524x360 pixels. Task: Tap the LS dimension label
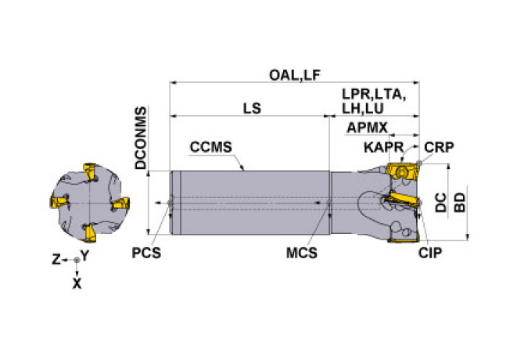(x=251, y=110)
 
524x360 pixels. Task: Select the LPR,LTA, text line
(x=374, y=94)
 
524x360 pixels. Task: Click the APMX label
(x=368, y=128)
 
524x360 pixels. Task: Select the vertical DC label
(x=442, y=203)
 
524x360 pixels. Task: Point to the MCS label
(x=304, y=253)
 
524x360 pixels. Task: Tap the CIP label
(x=430, y=253)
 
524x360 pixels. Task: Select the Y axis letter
(x=84, y=255)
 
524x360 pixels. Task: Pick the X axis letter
(x=77, y=284)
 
